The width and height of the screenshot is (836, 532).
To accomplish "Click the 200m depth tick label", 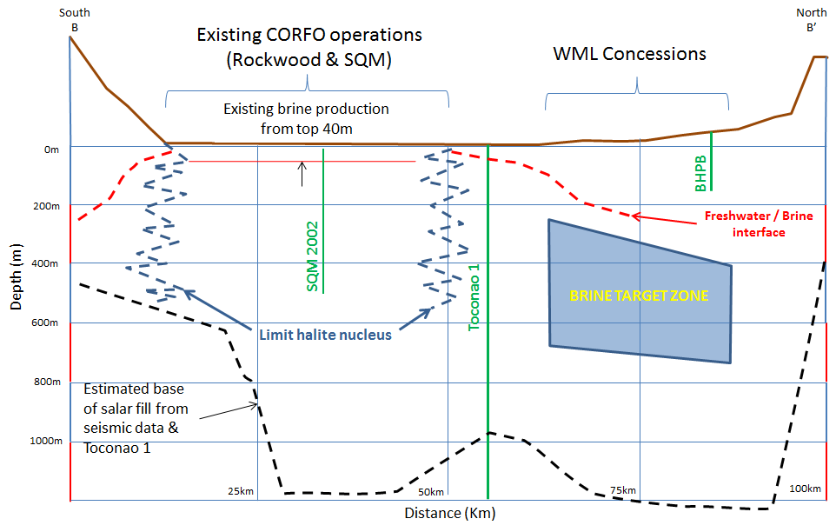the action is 46,206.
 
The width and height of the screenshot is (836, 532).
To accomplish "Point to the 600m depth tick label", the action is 45,323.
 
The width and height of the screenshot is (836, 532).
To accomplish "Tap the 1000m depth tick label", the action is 46,441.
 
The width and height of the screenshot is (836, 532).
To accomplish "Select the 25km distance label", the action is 241,491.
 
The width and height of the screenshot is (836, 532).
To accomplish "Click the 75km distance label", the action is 623,490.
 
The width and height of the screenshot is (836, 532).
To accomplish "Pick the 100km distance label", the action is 805,489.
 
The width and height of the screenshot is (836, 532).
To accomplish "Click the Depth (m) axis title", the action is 17,276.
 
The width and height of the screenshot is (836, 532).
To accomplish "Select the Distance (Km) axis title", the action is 450,514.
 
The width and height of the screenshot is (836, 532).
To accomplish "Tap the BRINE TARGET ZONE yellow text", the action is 639,296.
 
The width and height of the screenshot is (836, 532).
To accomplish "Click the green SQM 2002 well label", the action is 313,256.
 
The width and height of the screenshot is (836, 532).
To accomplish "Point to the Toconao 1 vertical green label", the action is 474,297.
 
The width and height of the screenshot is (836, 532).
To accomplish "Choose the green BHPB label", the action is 700,173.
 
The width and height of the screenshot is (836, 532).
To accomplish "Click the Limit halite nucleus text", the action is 325,335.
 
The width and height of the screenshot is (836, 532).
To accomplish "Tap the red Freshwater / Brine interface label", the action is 759,224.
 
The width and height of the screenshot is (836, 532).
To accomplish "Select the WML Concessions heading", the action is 630,54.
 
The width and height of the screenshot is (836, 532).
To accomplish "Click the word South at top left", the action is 75,12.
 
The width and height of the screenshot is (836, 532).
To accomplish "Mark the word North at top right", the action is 812,12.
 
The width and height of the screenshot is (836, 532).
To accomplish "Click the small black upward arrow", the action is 302,174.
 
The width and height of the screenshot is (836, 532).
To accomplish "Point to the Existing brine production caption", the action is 306,118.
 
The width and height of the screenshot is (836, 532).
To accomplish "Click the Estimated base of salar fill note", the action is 136,418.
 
